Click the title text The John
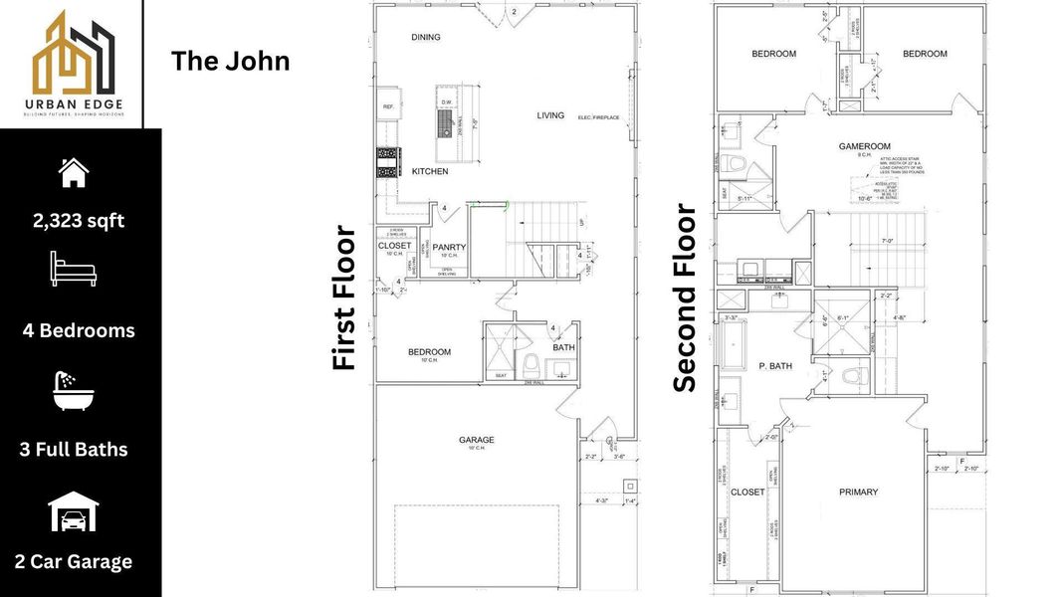coord(230,61)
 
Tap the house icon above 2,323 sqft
coord(74,172)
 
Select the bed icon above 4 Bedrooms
coord(74,269)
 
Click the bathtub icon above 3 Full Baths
coord(74,390)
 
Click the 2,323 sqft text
coord(79,221)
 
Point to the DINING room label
coord(426,38)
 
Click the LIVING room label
coord(550,115)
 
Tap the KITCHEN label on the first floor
coord(430,172)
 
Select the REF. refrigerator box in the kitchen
coord(387,105)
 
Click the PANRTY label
coord(450,247)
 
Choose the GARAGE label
coord(476,440)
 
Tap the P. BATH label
coord(774,366)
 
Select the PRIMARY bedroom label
coord(858,492)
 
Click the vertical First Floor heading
coord(344,298)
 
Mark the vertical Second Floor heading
coord(685,298)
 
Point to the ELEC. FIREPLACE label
coord(598,117)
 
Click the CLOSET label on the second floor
coord(747,492)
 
